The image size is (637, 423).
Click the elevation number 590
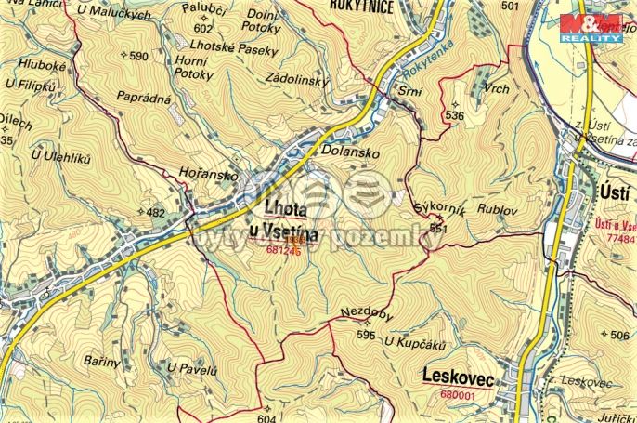pyautogui.click(x=138, y=57)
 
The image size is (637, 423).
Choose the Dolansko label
pyautogui.click(x=346, y=149)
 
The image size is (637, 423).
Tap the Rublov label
pyautogui.click(x=496, y=210)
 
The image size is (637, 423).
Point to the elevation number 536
pyautogui.click(x=454, y=115)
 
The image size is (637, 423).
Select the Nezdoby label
pyautogui.click(x=368, y=314)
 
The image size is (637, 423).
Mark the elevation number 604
pyautogui.click(x=266, y=418)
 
